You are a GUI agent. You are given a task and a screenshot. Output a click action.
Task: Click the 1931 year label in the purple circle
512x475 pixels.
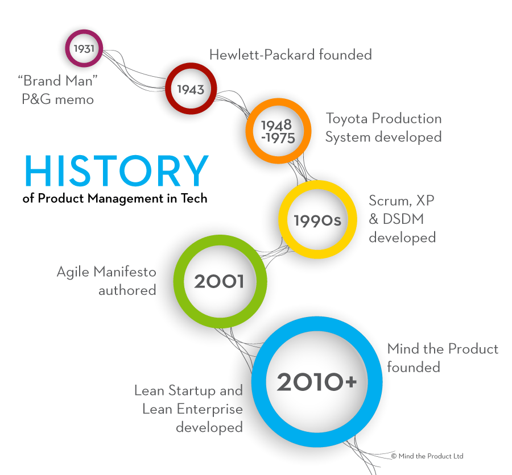84,49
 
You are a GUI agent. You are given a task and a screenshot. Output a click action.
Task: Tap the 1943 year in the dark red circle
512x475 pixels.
191,89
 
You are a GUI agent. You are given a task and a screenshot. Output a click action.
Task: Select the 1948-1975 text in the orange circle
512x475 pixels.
278,131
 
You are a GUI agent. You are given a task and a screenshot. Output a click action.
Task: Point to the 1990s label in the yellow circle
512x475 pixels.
317,220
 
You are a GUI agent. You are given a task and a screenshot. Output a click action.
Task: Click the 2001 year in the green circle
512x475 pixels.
219,281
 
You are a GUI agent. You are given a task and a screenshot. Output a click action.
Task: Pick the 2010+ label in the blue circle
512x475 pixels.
317,382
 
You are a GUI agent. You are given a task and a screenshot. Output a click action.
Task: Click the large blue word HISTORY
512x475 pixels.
117,170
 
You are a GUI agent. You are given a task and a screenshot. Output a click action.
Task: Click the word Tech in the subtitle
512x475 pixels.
194,198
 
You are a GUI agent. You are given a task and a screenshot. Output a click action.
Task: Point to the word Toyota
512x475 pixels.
347,119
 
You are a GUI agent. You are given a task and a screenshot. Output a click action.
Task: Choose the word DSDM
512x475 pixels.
403,219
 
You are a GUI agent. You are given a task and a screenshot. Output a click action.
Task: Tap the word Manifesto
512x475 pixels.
125,272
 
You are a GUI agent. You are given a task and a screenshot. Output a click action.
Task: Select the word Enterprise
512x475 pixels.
209,410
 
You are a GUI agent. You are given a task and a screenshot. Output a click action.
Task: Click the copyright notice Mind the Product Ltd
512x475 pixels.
427,456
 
